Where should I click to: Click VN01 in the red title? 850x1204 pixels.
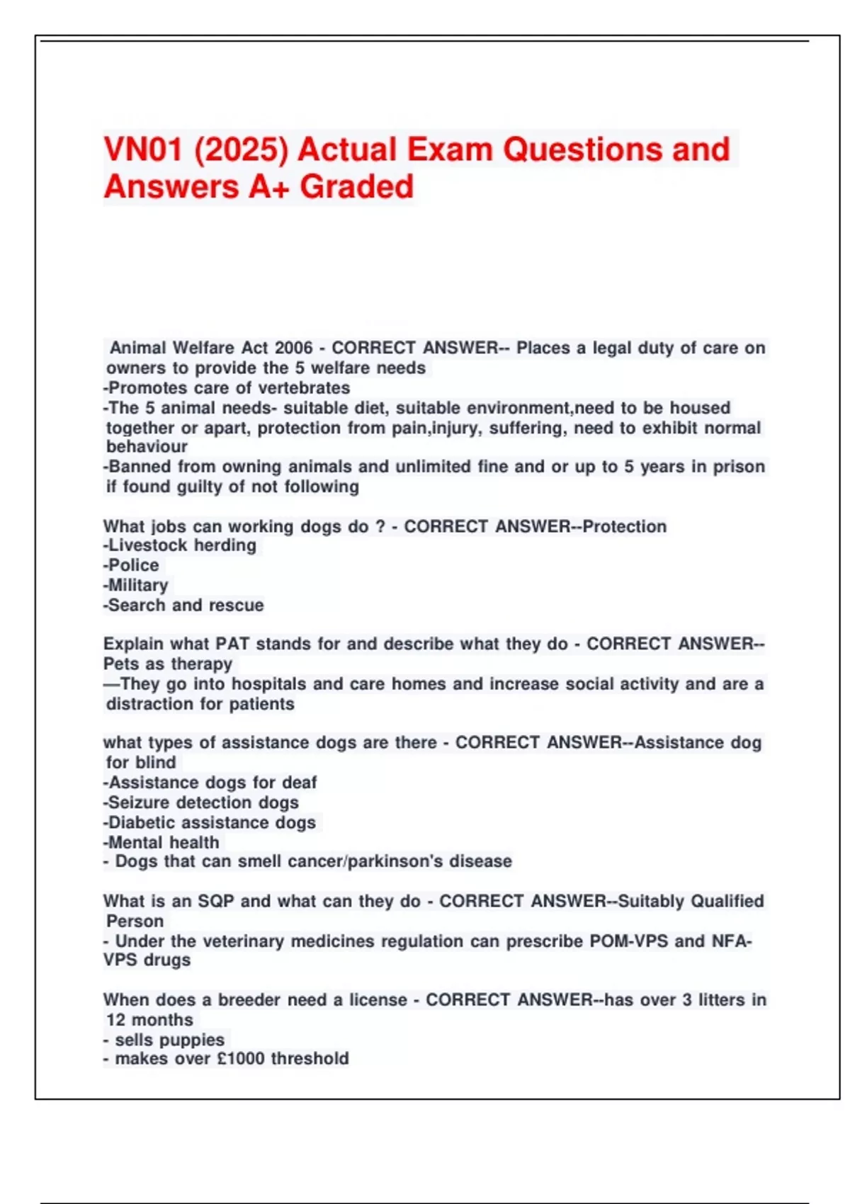(x=142, y=150)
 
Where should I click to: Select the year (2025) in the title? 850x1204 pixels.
(x=241, y=150)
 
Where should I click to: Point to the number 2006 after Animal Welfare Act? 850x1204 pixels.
(x=293, y=348)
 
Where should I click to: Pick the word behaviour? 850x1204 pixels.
(x=147, y=447)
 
